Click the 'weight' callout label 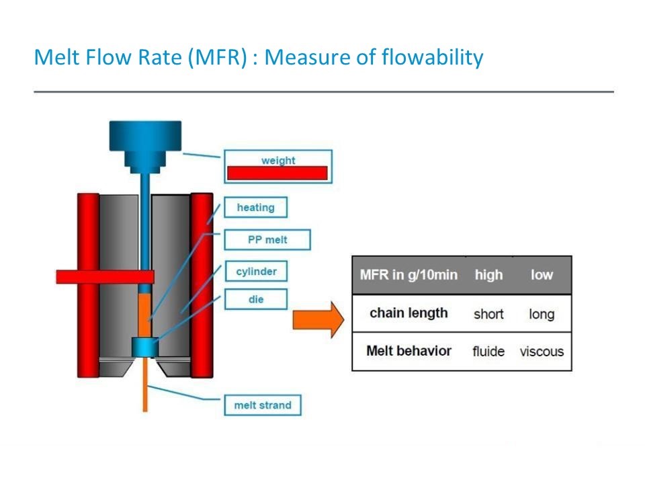pos(278,166)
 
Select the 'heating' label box pos(255,208)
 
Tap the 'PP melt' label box pos(267,240)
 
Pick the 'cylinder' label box pos(256,272)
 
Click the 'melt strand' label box pos(262,405)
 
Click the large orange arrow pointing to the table pos(318,319)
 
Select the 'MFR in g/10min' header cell pos(408,275)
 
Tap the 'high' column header pos(488,275)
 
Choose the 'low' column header pos(542,275)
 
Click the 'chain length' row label pos(408,313)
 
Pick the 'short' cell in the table pos(488,314)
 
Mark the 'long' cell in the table pos(542,314)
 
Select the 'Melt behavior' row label pos(408,351)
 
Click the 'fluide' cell pos(488,352)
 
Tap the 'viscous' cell pos(542,352)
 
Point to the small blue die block pos(144,347)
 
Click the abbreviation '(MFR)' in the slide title pos(214,57)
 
